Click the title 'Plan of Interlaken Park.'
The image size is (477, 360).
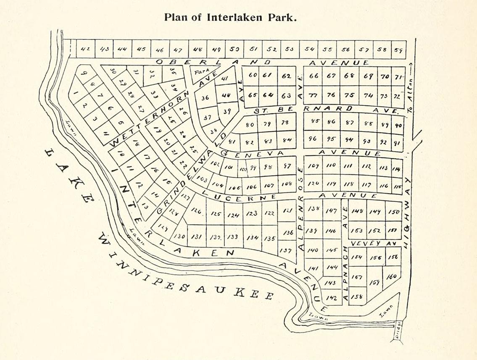coord(231,18)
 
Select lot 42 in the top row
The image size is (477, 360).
coord(85,49)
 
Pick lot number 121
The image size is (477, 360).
coord(287,212)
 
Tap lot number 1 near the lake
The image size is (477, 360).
coord(76,93)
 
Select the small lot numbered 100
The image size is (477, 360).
coord(242,169)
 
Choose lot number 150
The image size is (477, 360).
coord(394,212)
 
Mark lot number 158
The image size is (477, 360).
coord(357,296)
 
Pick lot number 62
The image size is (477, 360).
coord(286,76)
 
